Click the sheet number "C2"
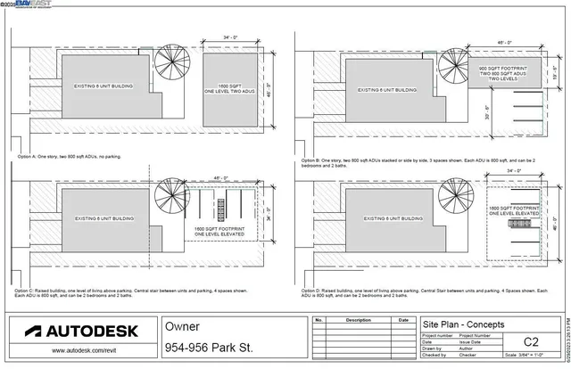pos(531,341)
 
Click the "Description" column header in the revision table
pos(357,319)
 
